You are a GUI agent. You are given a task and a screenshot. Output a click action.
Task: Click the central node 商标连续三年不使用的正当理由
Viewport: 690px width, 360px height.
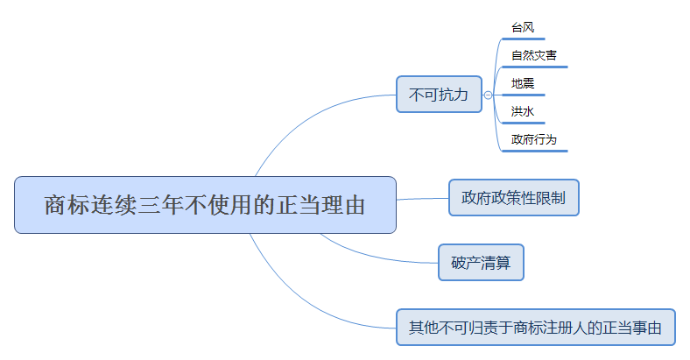(205, 205)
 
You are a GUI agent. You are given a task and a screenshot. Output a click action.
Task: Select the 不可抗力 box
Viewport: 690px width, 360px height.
(439, 94)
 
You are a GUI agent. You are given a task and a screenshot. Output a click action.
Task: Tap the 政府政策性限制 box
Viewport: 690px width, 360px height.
(513, 197)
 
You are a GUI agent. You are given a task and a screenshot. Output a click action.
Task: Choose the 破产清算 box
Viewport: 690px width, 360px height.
(481, 262)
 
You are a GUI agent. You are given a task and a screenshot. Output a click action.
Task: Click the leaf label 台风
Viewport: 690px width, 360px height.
(523, 27)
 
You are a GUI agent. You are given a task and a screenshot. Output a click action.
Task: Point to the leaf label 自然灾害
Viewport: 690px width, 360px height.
(534, 55)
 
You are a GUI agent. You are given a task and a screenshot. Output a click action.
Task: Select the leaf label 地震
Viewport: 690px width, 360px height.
(523, 83)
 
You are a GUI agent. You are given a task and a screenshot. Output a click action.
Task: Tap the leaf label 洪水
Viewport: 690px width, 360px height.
(523, 111)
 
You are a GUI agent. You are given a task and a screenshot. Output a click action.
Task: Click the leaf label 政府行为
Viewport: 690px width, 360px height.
(534, 139)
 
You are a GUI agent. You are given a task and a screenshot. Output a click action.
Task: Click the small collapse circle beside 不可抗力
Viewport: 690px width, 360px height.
(488, 95)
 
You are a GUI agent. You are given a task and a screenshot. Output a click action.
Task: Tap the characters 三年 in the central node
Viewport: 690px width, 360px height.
(158, 206)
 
